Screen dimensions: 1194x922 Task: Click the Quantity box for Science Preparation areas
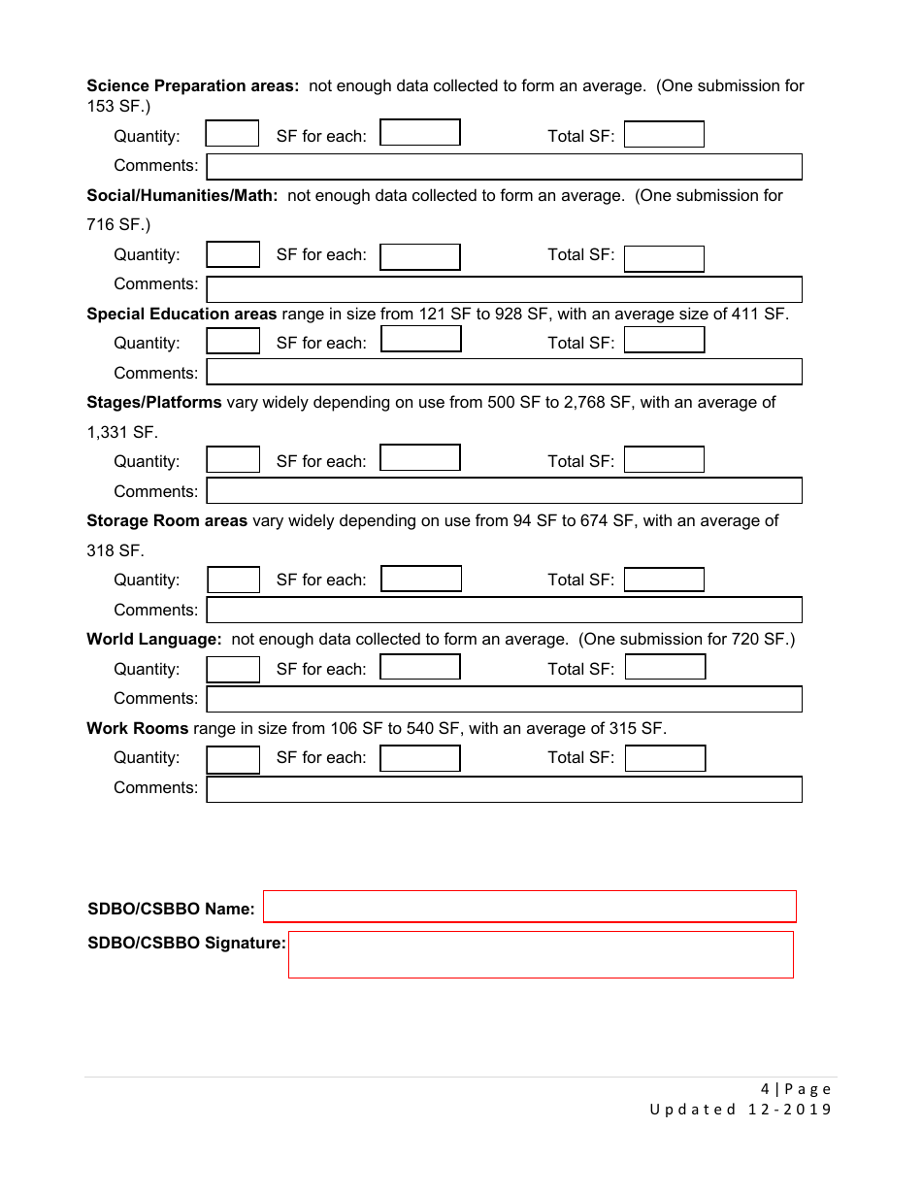232,134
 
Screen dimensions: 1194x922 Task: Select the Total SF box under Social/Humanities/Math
664,258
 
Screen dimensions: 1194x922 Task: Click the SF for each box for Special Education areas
420,339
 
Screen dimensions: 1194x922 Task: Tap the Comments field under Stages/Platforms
504,490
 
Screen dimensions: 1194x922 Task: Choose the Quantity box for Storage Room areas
233,580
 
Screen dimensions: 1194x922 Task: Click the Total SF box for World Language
665,667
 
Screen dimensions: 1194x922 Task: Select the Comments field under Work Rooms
504,788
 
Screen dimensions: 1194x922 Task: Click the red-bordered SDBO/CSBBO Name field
529,906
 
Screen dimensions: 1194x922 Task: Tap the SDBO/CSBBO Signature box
541,954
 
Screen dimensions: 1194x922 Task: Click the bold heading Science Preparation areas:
192,85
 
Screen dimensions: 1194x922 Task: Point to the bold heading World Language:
154,639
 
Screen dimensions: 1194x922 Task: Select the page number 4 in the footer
765,1088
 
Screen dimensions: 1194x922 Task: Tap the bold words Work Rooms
137,728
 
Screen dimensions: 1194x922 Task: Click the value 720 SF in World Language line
760,639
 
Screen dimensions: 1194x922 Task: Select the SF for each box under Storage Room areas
420,579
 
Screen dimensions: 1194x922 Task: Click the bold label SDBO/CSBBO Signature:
186,943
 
